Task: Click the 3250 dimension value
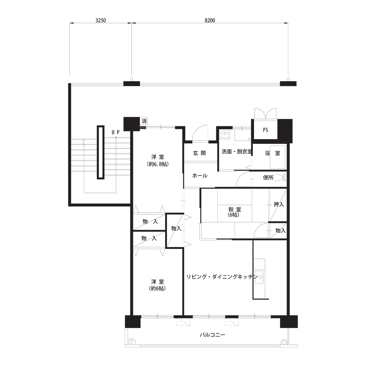tap(101, 20)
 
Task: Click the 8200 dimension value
tap(210, 20)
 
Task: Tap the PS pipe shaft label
tap(265, 130)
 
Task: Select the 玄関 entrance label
tap(199, 153)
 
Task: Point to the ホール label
tap(200, 176)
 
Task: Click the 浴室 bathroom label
tap(272, 153)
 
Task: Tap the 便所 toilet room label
tap(268, 178)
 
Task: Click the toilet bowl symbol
tap(280, 178)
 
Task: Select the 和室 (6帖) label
tap(234, 212)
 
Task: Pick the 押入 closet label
tap(279, 205)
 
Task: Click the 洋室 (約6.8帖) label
tap(157, 160)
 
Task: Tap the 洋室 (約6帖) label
tap(157, 285)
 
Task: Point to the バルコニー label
tap(212, 335)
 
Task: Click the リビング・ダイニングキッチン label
tap(222, 277)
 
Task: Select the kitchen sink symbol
tap(259, 277)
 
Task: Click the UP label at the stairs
tap(116, 132)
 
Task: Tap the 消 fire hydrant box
tap(144, 121)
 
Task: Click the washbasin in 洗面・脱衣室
tap(225, 134)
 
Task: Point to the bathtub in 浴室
tap(277, 157)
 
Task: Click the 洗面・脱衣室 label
tap(237, 152)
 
